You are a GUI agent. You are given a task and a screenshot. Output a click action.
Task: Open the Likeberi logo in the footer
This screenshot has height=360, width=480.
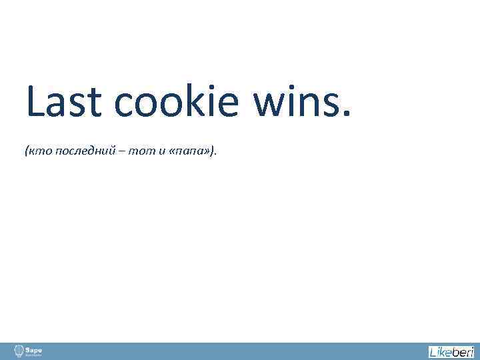pos(451,351)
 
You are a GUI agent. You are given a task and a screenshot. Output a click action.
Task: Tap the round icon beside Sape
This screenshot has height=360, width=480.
pos(18,351)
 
